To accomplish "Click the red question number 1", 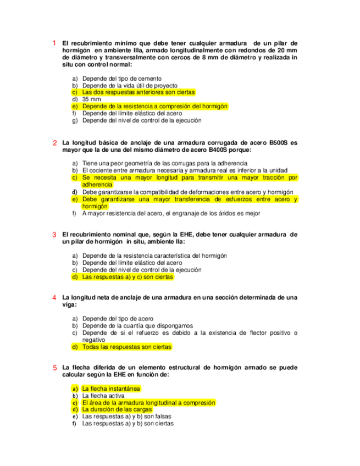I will [54, 43].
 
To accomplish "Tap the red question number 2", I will [54, 143].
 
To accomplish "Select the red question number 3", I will [54, 234].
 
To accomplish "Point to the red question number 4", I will [54, 297].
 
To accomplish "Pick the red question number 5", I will [54, 368].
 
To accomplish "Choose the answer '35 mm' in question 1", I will [90, 99].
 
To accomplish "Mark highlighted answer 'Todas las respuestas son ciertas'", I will [127, 347].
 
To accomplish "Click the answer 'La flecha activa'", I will [104, 396].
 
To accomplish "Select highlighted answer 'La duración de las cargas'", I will [117, 409].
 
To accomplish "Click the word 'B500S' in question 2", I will [279, 142].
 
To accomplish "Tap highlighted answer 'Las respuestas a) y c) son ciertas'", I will [128, 277].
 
